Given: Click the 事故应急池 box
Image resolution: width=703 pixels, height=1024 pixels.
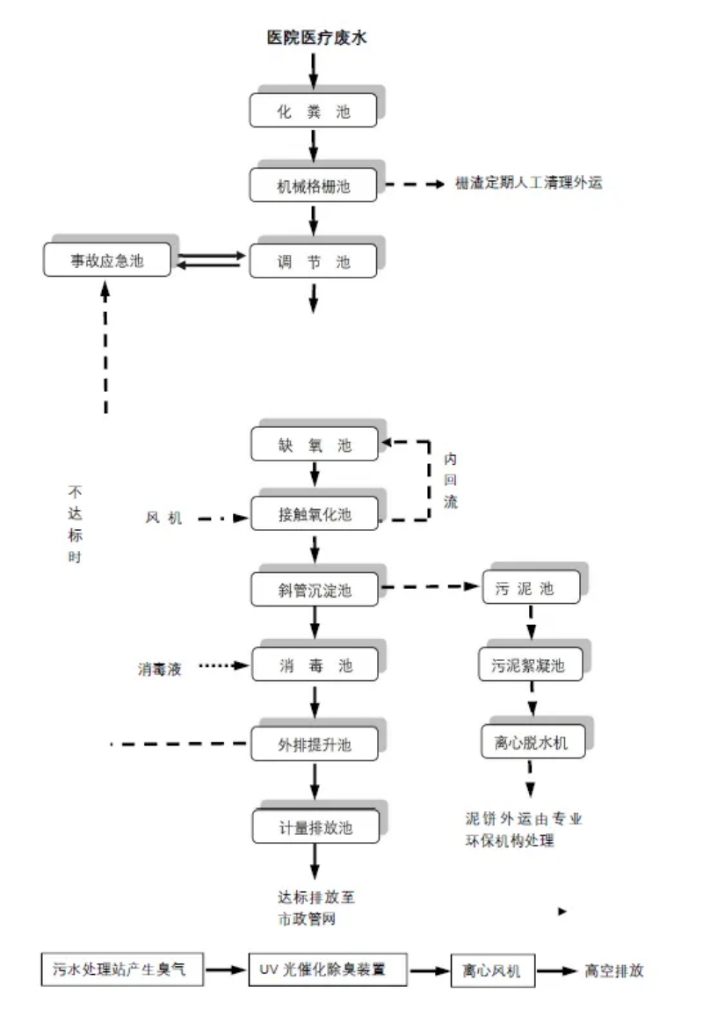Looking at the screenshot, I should (106, 261).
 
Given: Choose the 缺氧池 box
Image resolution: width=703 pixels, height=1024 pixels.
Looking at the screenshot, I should (314, 446).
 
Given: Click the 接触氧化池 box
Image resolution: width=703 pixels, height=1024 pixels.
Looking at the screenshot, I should (314, 515).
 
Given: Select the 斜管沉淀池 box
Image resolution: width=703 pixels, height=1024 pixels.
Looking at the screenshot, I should (314, 590).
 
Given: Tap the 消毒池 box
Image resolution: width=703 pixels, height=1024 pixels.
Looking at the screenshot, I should (314, 665).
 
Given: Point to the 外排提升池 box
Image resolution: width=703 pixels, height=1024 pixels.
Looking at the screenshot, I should (314, 744).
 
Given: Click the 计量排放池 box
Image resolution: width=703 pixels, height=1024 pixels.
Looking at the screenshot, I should (314, 826).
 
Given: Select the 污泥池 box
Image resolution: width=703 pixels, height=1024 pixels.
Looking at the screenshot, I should (531, 589).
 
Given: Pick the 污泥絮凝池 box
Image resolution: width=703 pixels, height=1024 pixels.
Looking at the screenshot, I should (531, 665).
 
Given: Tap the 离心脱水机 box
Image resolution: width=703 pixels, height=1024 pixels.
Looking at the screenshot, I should (531, 743).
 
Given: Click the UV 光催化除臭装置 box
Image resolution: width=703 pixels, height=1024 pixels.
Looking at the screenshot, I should (328, 970).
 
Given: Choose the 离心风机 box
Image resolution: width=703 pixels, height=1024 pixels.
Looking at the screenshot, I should (491, 971).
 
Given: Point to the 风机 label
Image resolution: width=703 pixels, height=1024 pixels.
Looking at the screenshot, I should (163, 519).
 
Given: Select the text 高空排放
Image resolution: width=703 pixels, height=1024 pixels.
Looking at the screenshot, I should (614, 971).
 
